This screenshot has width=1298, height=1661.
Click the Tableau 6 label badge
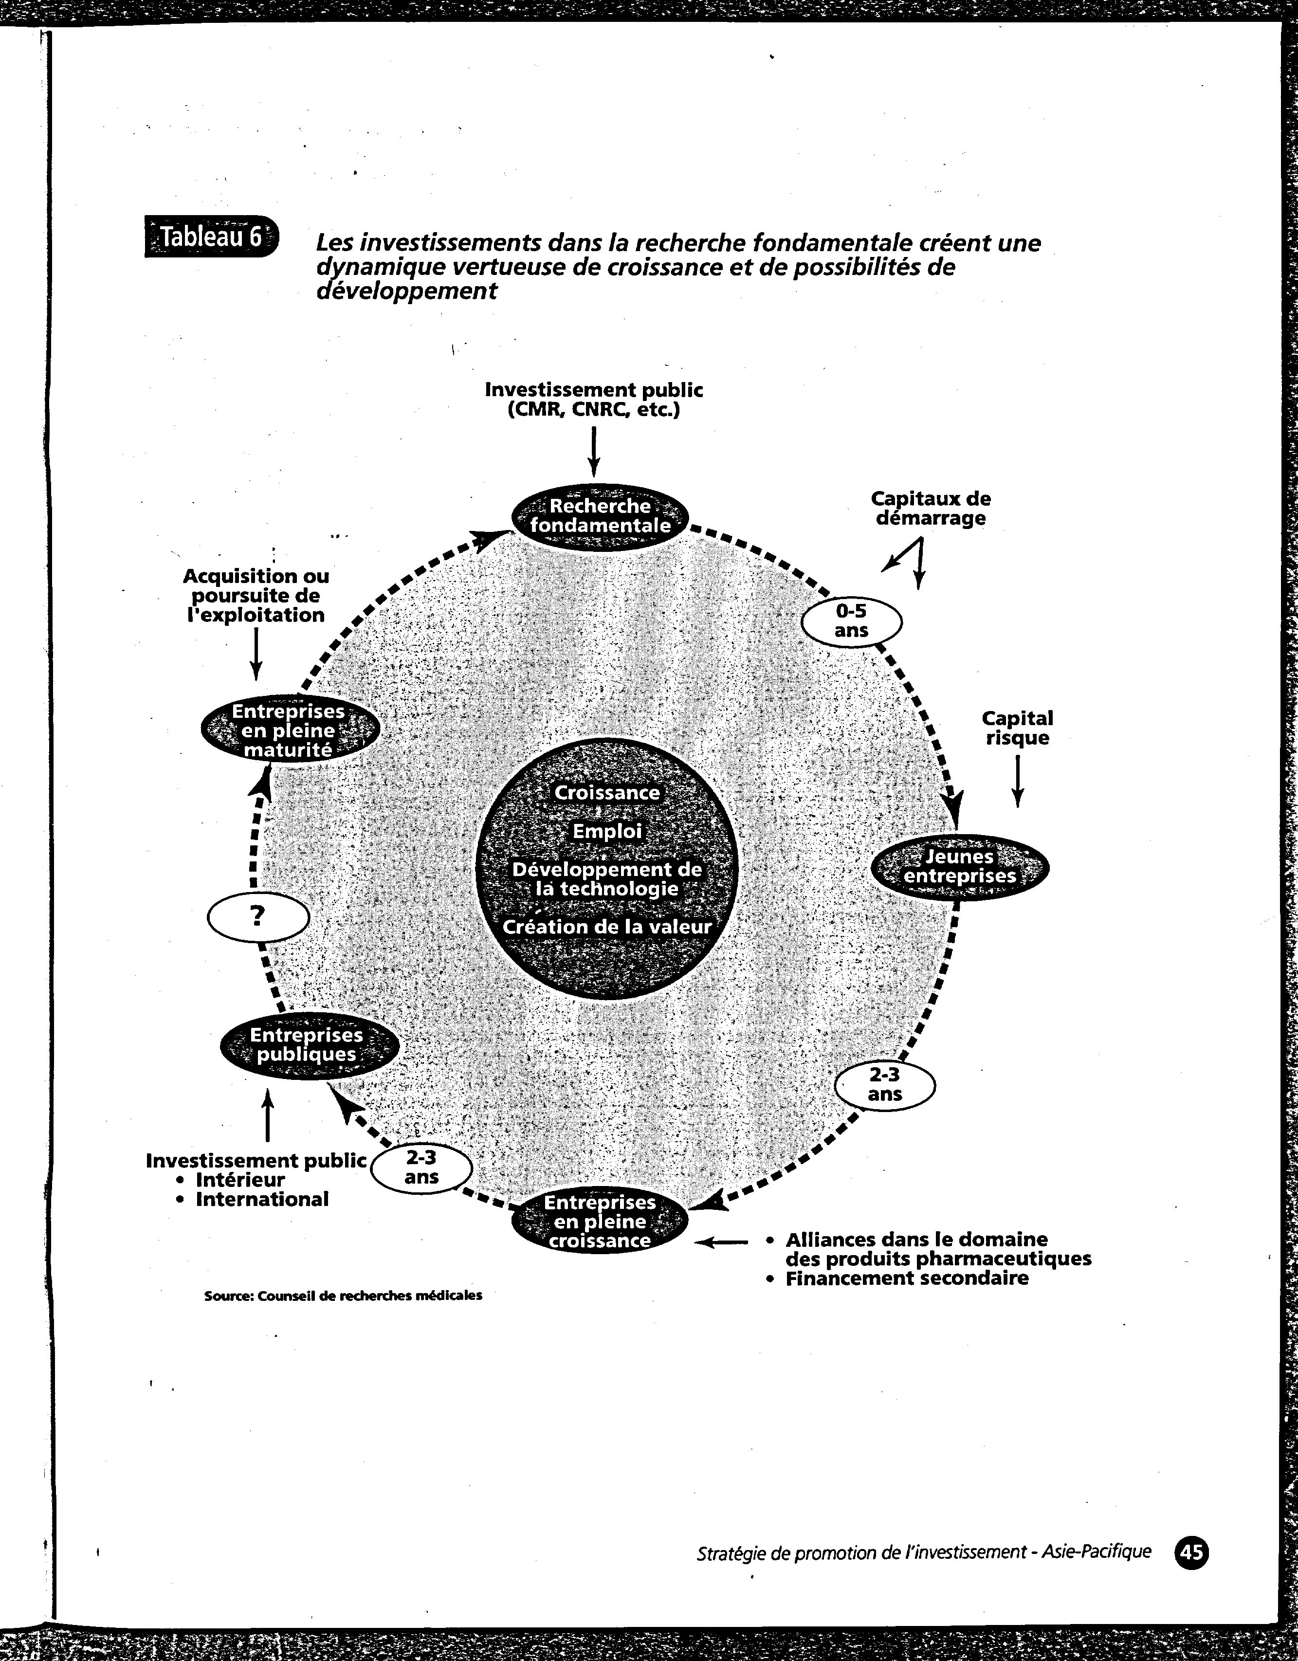coord(211,237)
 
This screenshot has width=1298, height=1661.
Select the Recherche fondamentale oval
coord(600,516)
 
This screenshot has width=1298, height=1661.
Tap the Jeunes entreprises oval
coord(960,866)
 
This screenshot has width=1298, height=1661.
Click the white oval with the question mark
coord(258,917)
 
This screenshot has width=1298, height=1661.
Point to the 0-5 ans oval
coord(852,621)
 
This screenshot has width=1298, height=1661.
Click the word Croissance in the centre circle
coord(607,792)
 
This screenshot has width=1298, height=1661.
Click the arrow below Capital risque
coord(1017,780)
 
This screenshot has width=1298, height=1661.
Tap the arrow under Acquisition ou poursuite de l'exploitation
coord(256,653)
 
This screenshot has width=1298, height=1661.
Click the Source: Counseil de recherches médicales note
coord(343,1295)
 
